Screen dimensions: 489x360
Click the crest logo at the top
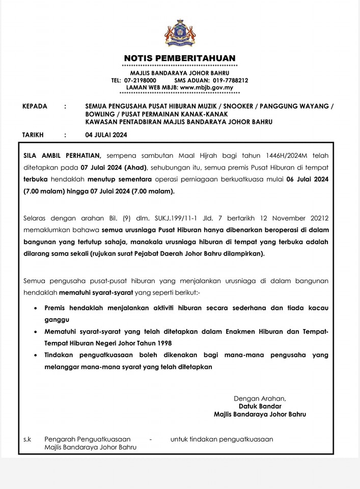180,33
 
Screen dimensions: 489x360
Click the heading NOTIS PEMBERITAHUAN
180,58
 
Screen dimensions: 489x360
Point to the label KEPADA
35,106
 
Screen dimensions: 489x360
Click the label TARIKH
33,135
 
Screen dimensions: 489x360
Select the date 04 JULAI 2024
106,135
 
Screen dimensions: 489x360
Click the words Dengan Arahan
260,398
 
